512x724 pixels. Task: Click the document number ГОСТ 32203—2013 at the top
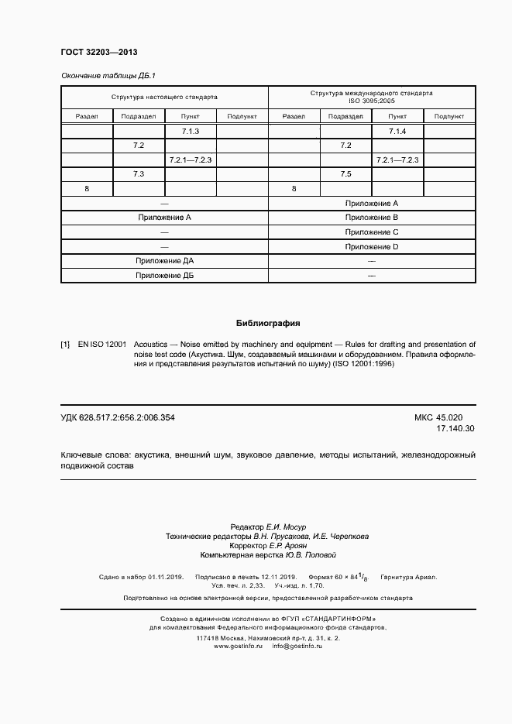[98, 53]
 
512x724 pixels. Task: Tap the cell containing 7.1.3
[191, 131]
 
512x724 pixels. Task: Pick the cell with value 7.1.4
[397, 131]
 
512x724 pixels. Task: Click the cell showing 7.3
[139, 174]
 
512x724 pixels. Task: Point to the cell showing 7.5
[345, 174]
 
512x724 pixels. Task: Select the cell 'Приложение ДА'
[164, 261]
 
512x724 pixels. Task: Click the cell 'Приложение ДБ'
[164, 276]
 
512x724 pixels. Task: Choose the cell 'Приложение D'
[371, 246]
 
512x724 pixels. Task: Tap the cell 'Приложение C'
[371, 232]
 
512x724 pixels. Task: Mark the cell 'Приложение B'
[371, 218]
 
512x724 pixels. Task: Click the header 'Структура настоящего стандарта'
[164, 98]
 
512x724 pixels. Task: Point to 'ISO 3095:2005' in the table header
[371, 101]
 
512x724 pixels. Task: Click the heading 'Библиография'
[267, 323]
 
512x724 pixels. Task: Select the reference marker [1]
[65, 343]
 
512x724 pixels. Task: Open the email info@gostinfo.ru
[297, 646]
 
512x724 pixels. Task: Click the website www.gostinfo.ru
[238, 646]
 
